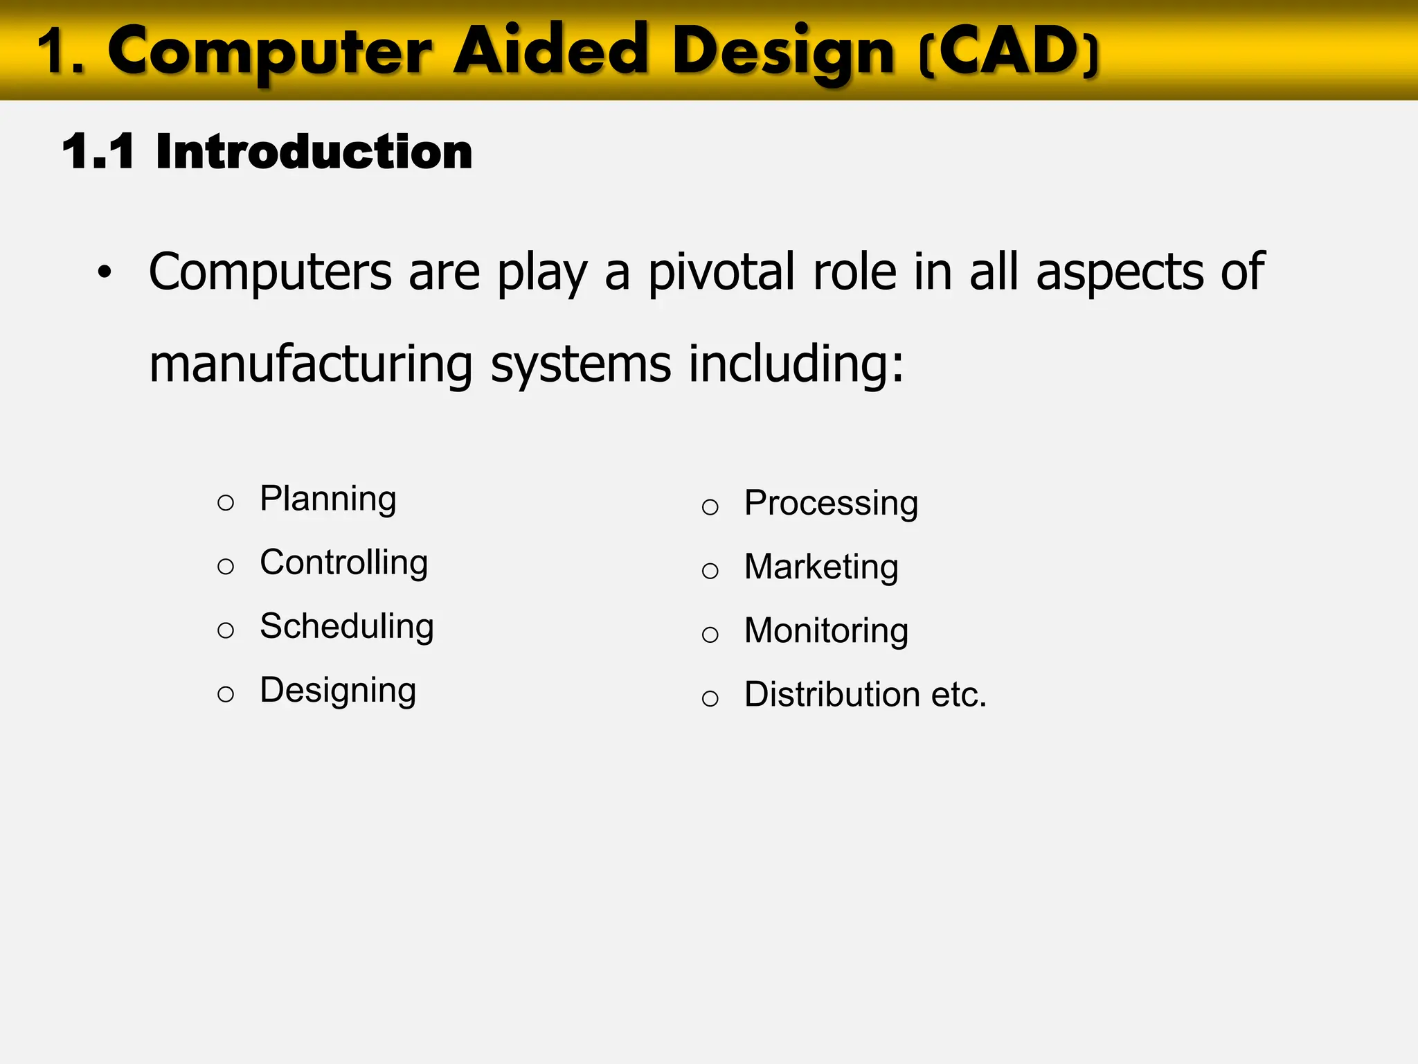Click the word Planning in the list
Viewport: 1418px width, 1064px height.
click(327, 499)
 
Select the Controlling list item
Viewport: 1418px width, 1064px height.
click(343, 562)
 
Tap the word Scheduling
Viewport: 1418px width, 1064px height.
click(346, 627)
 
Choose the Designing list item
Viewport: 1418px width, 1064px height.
click(338, 691)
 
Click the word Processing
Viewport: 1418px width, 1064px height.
click(831, 504)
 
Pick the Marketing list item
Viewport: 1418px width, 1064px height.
click(821, 567)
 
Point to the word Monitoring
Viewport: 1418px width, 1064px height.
click(826, 631)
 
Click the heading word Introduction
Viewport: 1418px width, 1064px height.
click(314, 152)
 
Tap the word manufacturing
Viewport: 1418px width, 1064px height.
click(311, 364)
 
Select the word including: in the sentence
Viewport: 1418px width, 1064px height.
click(796, 364)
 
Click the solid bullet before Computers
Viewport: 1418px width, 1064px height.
click(105, 273)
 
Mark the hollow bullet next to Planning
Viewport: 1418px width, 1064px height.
click(226, 502)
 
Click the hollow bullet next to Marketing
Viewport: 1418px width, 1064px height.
click(710, 571)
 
